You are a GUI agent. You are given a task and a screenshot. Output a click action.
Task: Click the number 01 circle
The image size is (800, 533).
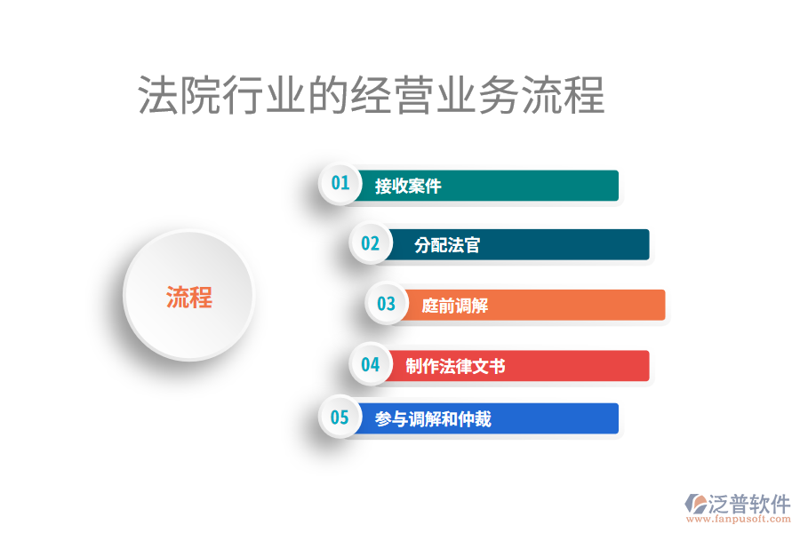[x=340, y=184]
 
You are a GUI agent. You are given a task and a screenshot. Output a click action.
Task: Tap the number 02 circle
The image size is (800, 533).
[x=370, y=244]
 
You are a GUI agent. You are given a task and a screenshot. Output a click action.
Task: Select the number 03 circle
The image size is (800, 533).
[x=386, y=304]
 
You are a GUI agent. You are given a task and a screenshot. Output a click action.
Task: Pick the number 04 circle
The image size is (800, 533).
[x=370, y=364]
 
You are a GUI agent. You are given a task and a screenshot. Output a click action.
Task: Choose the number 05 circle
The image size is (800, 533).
[x=340, y=418]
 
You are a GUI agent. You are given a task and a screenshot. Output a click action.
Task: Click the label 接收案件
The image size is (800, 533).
[x=408, y=187]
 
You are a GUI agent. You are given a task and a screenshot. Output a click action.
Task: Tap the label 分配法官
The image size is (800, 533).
[x=447, y=245]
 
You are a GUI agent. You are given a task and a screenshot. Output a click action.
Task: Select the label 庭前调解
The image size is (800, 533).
[x=455, y=306]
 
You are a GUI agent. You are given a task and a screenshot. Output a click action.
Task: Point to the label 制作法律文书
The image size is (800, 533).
[x=455, y=366]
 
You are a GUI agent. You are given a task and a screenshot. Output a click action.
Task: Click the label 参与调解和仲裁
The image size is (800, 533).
[x=433, y=419]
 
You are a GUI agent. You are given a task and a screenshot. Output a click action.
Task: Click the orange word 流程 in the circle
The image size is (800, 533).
[x=189, y=298]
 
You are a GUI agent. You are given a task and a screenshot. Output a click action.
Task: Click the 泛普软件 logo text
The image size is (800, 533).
[x=748, y=505]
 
